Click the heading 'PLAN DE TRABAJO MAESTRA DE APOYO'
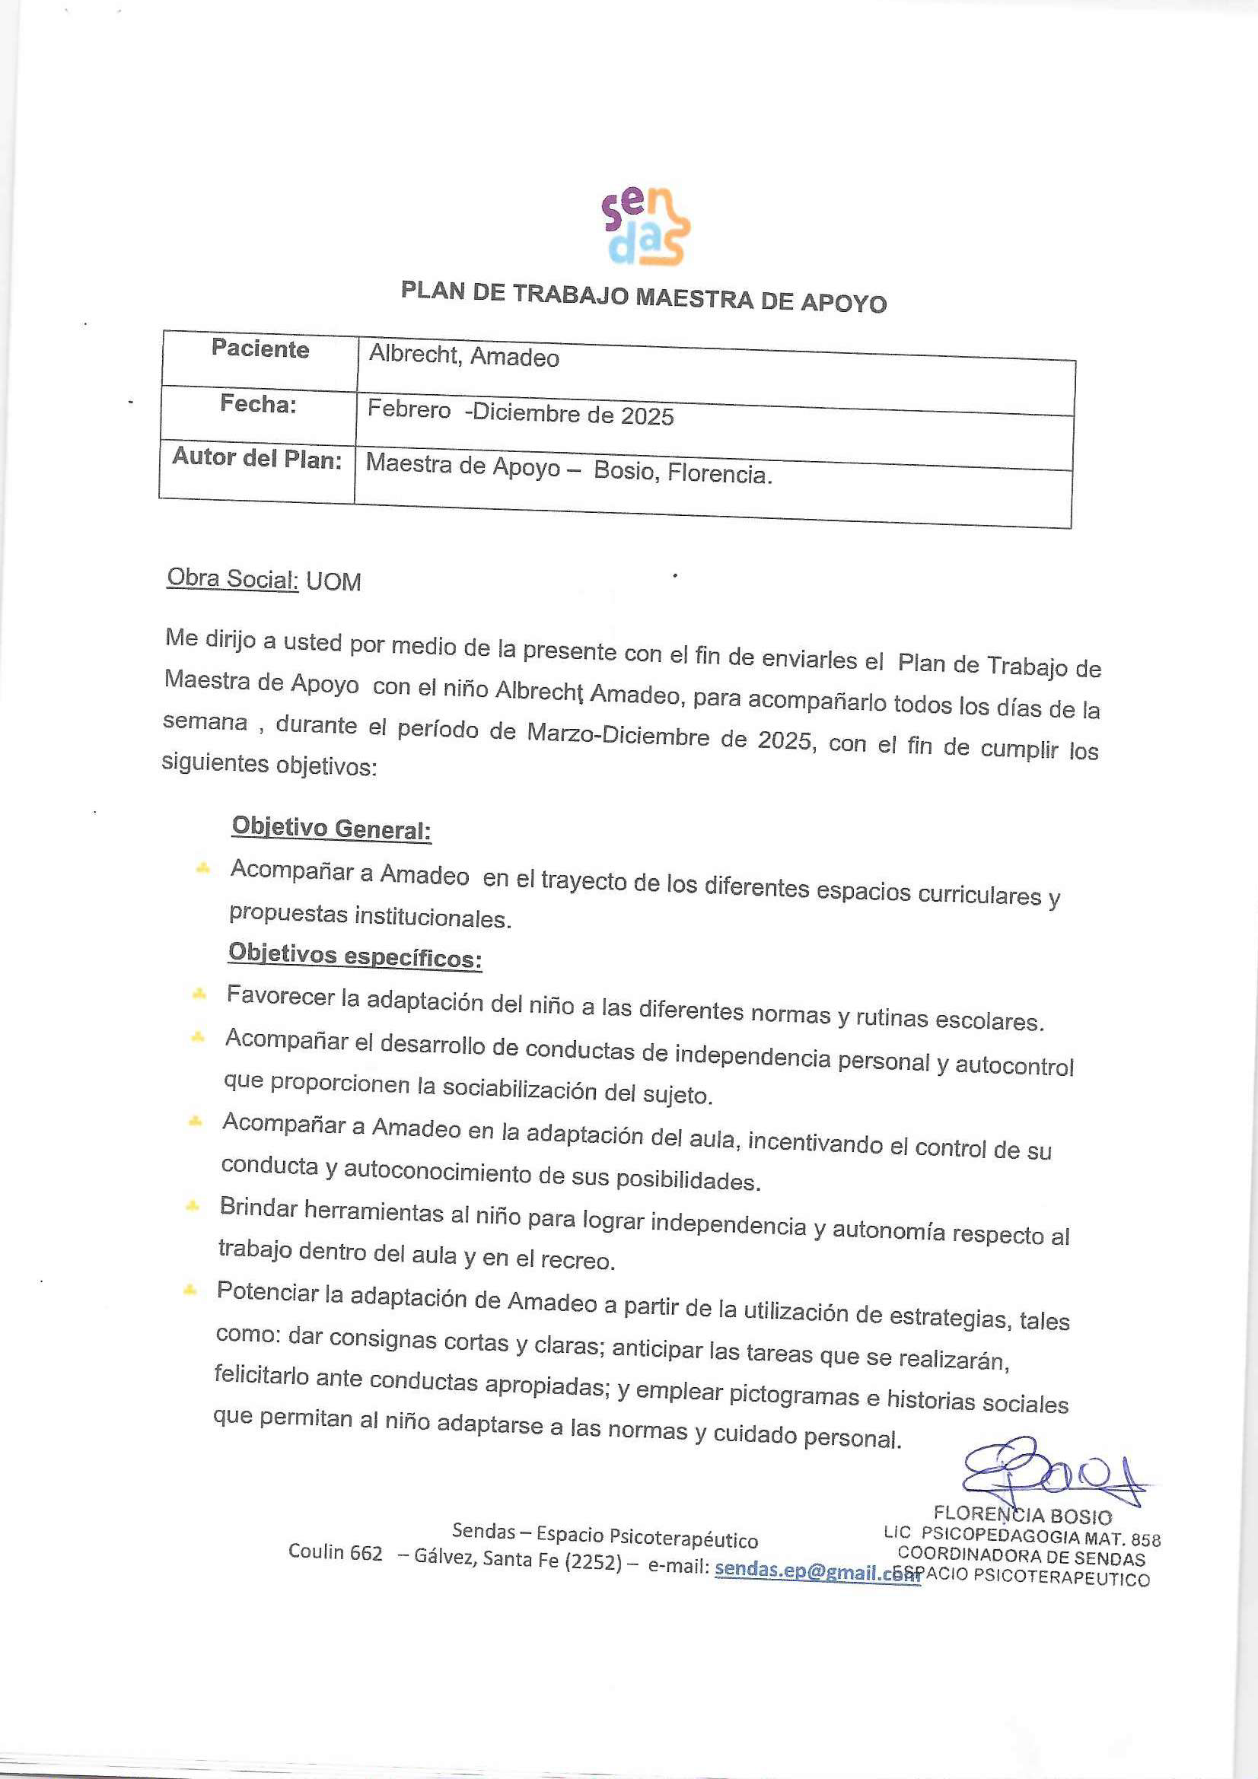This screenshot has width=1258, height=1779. [x=643, y=297]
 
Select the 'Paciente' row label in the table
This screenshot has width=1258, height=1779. [x=260, y=349]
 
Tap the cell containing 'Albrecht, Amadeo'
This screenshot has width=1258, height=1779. [x=463, y=355]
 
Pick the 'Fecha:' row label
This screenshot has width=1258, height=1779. [x=258, y=404]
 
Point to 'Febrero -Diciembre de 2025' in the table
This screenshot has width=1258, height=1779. [x=520, y=412]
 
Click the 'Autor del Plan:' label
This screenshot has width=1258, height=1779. [x=256, y=458]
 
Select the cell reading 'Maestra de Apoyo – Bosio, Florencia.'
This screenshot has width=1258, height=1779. [x=568, y=469]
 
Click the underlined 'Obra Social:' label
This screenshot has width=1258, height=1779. [x=233, y=579]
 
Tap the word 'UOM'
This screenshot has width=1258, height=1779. [x=333, y=582]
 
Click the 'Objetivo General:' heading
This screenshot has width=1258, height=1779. [x=331, y=829]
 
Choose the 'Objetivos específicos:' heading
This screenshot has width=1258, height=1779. [x=354, y=956]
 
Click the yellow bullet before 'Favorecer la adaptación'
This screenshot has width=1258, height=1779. [x=199, y=993]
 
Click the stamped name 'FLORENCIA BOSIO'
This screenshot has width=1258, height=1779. [x=1021, y=1515]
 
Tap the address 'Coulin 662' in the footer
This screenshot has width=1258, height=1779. [x=335, y=1552]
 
